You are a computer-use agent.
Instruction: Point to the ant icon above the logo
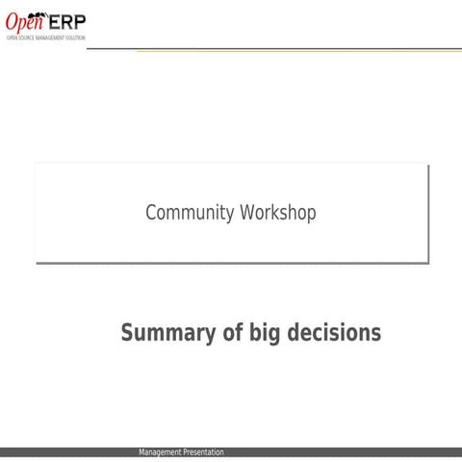click(x=44, y=11)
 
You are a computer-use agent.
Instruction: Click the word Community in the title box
click(x=186, y=213)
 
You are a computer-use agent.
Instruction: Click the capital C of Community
click(x=151, y=213)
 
